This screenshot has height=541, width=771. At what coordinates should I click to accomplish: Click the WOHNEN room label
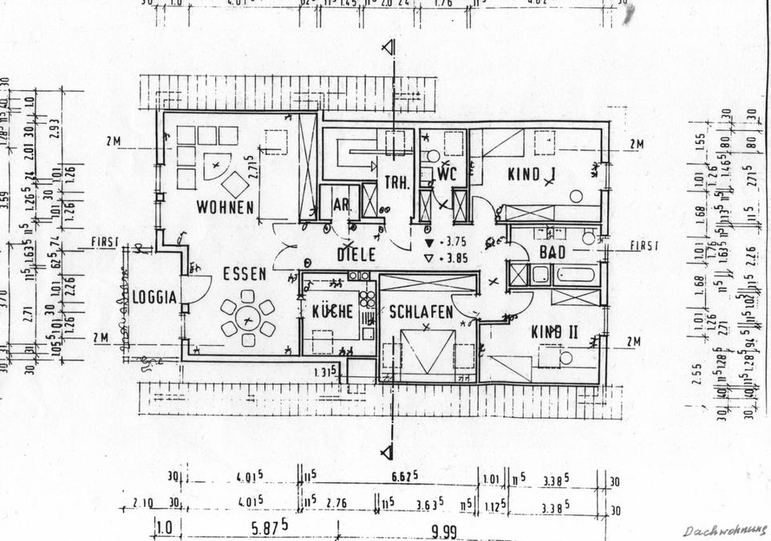225,207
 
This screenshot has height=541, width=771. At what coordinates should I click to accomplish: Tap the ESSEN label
245,274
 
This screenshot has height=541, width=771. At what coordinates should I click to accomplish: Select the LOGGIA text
154,297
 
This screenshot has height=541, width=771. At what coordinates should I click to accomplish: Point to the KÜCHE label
332,311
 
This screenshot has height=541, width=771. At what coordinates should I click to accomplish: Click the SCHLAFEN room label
422,313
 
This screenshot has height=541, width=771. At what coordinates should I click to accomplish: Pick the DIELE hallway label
357,255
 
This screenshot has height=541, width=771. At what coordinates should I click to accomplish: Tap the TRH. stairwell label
397,182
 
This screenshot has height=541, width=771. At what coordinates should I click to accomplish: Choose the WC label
446,174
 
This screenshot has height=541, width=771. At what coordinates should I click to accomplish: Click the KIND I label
532,173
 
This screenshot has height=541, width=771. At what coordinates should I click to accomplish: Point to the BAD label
553,252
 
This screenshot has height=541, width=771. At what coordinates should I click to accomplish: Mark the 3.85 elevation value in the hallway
457,259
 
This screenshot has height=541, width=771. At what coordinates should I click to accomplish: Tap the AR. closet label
341,206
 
